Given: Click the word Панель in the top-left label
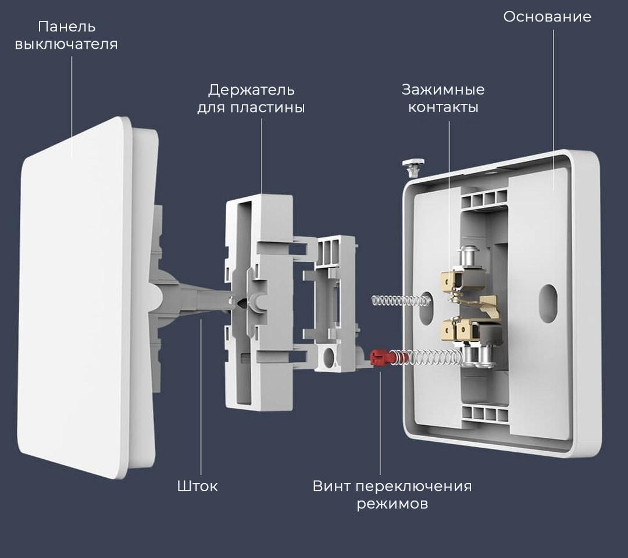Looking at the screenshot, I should pos(66,27).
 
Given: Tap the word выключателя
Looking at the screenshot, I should pos(66,45).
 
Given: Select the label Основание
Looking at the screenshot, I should pos(547,17).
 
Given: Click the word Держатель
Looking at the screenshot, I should pos(251,91).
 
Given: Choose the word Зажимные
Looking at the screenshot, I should pos(443,90).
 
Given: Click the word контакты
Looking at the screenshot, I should pos(443,107).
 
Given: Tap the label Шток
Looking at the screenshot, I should pos(198,486).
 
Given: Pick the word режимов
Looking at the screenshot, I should pos(392,503).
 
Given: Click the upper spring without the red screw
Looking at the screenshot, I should pos(399,300).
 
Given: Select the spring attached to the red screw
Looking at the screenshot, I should pos(427,358).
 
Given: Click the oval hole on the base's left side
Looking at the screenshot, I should pos(429,298).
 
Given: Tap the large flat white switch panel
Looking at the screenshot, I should pos(76,296).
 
